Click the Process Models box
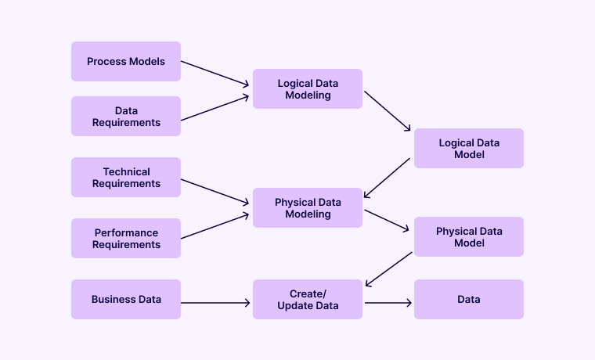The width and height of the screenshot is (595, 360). click(126, 61)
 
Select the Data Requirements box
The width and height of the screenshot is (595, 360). click(126, 117)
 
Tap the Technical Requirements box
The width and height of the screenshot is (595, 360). click(126, 178)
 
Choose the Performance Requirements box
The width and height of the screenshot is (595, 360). click(126, 239)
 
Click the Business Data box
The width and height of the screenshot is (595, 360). click(126, 299)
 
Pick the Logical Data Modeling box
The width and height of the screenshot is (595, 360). click(308, 89)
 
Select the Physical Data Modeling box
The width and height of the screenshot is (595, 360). click(308, 208)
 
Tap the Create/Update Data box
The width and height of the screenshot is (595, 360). click(308, 299)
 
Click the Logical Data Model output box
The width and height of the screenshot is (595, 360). click(469, 149)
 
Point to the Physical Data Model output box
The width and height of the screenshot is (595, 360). click(469, 237)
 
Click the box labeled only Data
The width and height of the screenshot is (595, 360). click(469, 299)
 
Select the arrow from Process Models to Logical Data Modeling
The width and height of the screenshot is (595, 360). click(215, 73)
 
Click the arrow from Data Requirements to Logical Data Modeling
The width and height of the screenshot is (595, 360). click(215, 108)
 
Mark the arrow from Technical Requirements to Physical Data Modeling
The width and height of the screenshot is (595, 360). click(215, 191)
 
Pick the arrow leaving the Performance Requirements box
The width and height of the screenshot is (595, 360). click(215, 226)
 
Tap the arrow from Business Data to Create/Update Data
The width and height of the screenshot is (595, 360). click(216, 302)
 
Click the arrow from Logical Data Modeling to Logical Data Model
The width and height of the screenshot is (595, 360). click(388, 110)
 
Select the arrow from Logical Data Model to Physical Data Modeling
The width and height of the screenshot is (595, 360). click(388, 178)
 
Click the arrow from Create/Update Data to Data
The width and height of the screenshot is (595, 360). click(388, 302)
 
